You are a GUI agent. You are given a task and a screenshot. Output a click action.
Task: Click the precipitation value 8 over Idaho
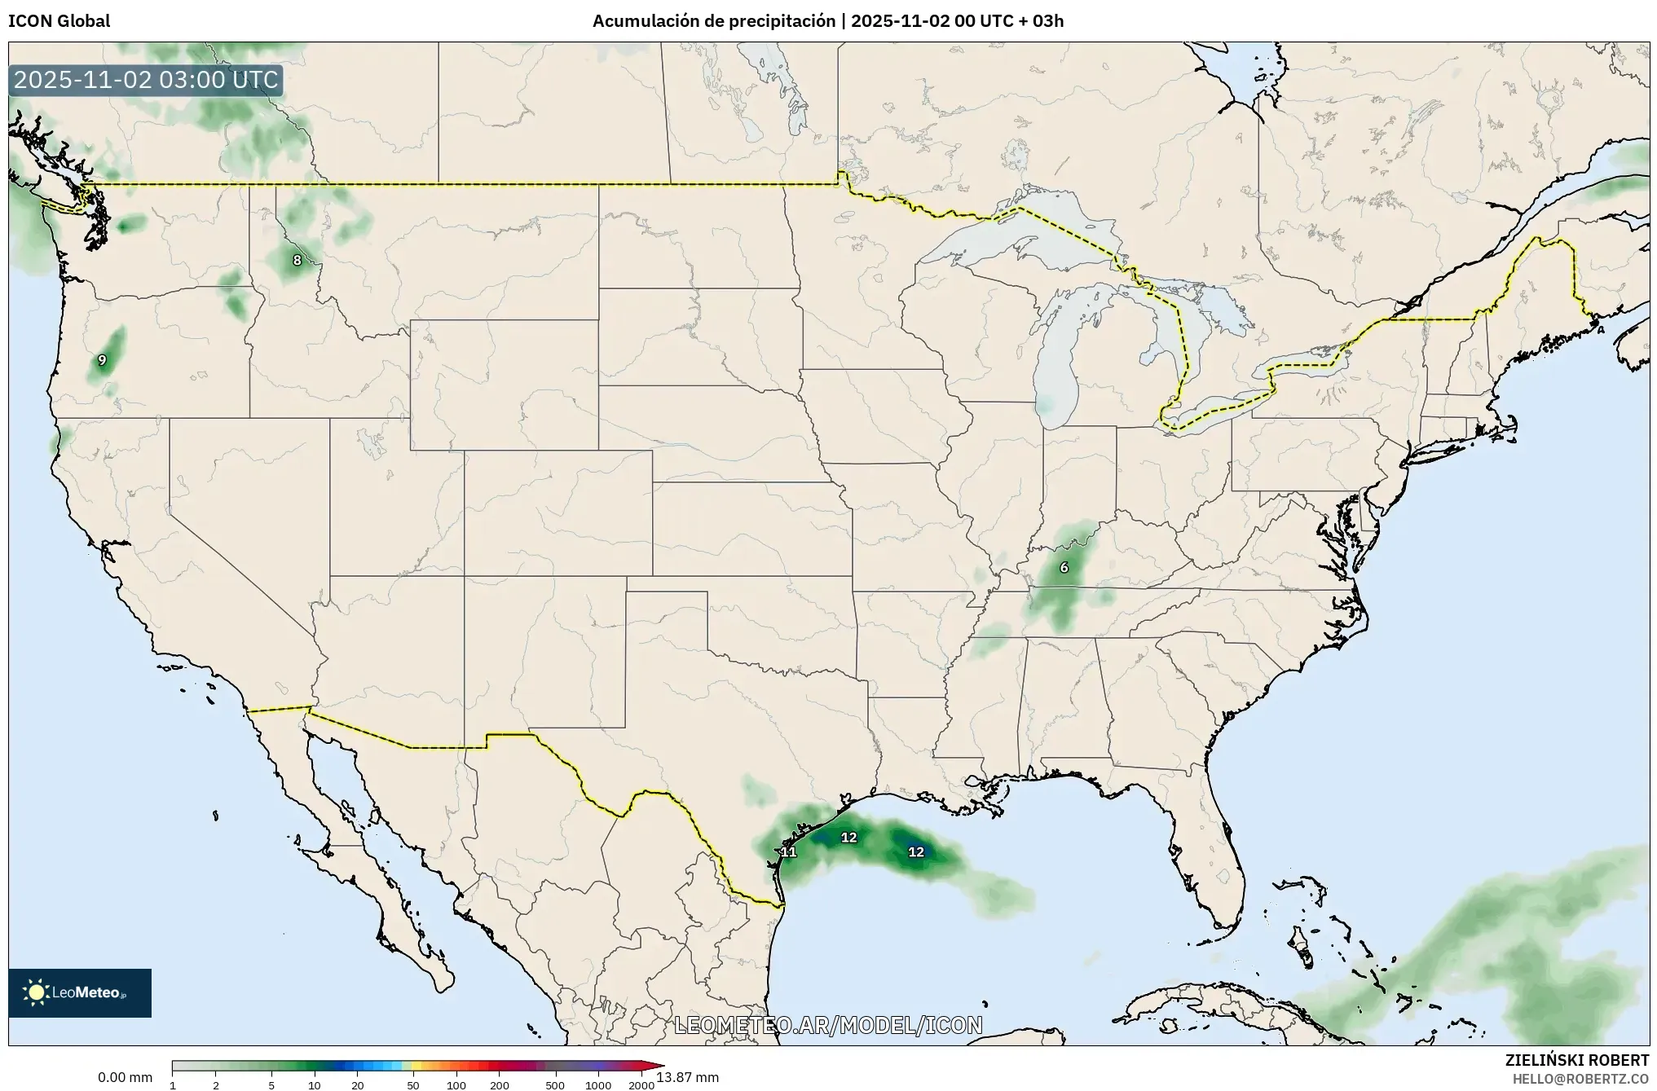297,261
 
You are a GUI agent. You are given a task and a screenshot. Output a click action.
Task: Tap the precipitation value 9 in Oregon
102,360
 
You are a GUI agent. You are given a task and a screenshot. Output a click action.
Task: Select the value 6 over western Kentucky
1064,568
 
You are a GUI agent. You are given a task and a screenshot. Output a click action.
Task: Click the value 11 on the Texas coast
788,852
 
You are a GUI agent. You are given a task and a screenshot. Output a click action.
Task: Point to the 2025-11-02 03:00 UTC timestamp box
146,80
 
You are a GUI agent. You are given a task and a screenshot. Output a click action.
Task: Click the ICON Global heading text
59,21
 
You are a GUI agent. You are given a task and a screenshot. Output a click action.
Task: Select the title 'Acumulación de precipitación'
715,21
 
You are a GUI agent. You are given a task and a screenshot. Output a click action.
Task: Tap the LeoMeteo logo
80,992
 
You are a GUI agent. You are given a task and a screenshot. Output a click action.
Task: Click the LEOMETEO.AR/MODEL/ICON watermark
828,1025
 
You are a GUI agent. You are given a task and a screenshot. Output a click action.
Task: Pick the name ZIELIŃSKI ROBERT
1576,1060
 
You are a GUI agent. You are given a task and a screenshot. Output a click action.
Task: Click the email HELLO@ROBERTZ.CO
1580,1079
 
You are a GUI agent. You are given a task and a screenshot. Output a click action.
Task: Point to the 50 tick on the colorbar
413,1084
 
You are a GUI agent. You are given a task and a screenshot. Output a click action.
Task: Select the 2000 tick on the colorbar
641,1084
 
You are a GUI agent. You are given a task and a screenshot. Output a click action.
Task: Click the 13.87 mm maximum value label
687,1077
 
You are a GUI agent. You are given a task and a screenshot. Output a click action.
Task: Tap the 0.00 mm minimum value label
125,1077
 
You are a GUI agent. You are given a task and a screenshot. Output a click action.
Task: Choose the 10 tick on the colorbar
315,1084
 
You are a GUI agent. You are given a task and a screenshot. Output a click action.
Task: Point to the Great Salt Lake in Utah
371,444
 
